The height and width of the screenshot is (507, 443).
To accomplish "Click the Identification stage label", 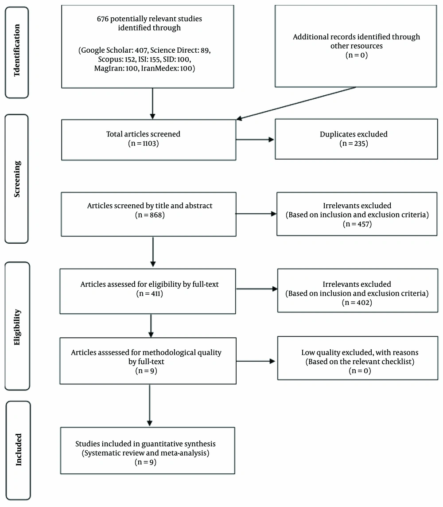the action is [17, 51].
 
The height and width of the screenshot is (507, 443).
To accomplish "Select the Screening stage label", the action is [17, 179].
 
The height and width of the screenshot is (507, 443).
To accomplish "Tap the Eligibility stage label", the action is [17, 327].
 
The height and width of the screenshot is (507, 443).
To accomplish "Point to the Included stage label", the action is [19, 449].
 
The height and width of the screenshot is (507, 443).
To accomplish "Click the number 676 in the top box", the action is [103, 19].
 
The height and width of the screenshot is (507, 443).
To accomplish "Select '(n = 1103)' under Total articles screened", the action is [144, 143].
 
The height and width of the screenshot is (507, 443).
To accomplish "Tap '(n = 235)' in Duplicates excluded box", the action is [354, 143].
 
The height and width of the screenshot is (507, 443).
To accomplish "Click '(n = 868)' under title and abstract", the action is [150, 214].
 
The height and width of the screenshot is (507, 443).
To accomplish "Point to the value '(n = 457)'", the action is [358, 224].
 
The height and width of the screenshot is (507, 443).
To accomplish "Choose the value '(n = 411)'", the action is [150, 293].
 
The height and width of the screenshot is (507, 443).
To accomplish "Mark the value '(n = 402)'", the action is [357, 302].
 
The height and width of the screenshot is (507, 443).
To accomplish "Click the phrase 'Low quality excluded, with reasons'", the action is [360, 352].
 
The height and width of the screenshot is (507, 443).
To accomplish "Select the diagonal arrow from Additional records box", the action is [296, 103].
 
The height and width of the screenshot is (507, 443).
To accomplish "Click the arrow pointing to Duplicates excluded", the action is [255, 140].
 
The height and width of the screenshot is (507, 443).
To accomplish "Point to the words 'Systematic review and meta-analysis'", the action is [145, 453].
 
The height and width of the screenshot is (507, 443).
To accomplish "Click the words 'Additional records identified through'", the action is [357, 37].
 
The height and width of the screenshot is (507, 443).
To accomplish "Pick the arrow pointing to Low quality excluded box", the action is [256, 361].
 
